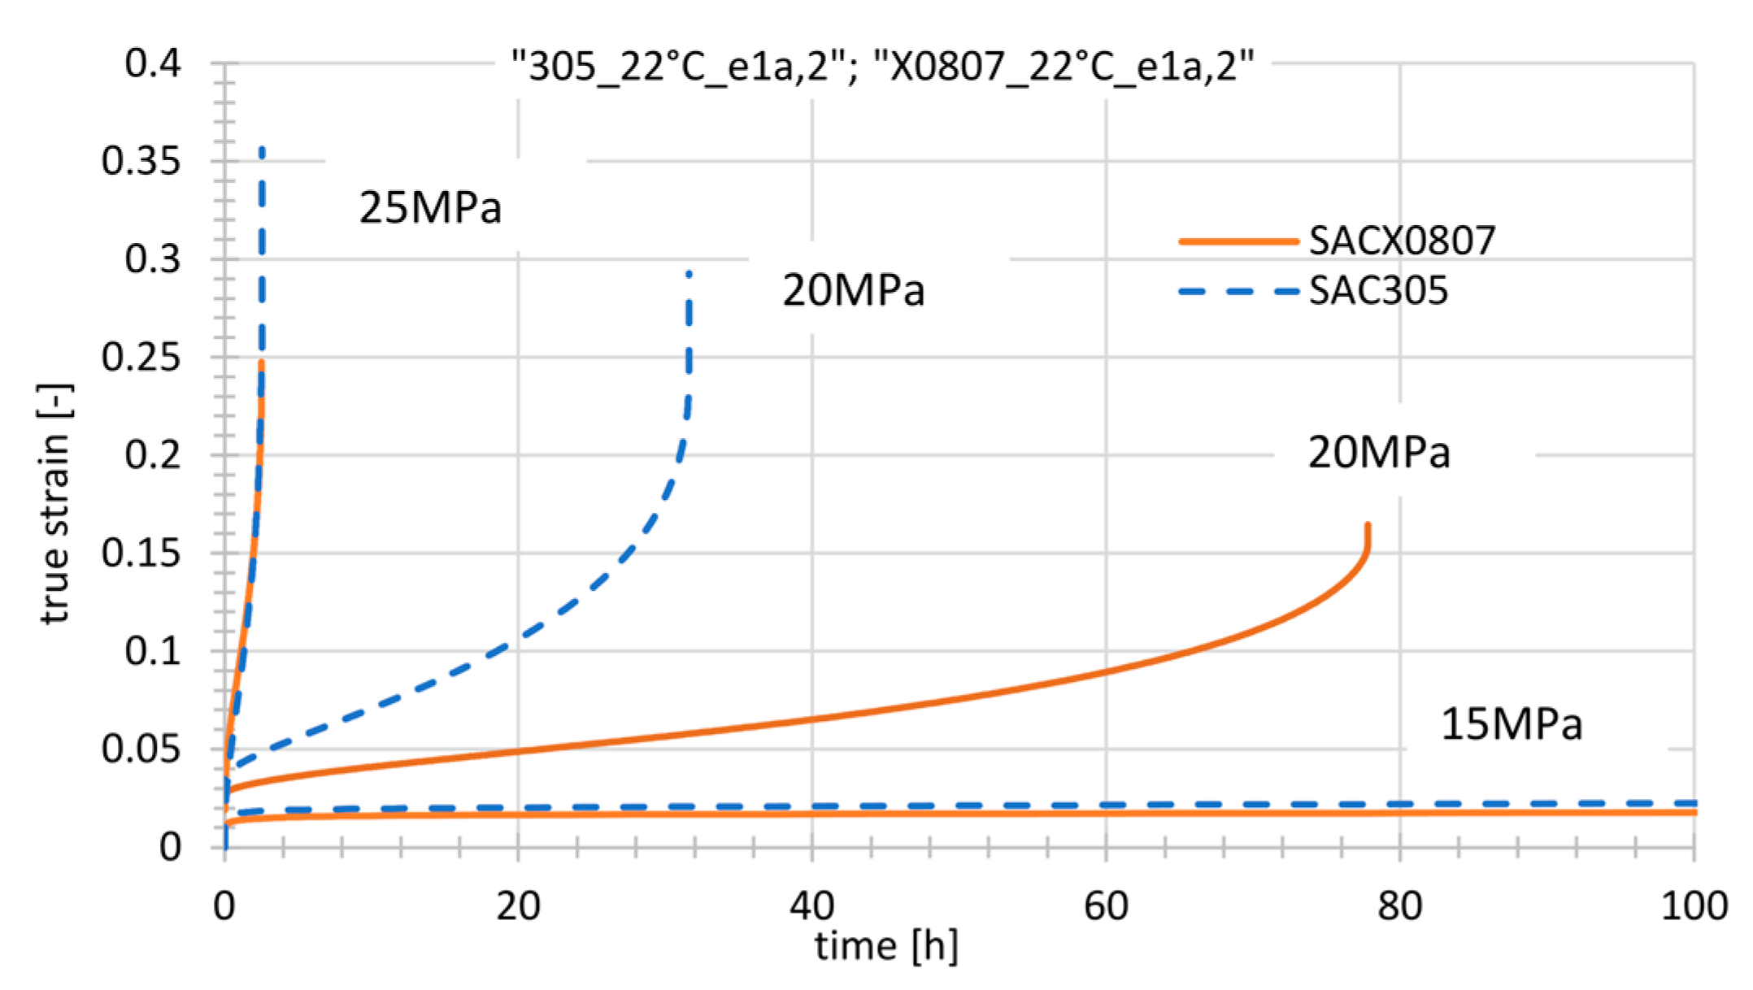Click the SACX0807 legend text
point(1402,241)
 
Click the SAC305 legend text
point(1378,291)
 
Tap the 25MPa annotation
point(430,208)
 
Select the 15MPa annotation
point(1512,724)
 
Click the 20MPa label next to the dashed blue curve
point(853,290)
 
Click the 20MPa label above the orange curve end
point(1378,453)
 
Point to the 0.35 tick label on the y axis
point(141,161)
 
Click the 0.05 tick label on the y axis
point(141,749)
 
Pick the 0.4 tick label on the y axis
point(152,63)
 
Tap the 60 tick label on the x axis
point(1106,905)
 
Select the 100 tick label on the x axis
point(1694,905)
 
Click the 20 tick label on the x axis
point(518,905)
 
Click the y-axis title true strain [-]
point(55,504)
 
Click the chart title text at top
point(882,66)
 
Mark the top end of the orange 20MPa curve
point(1368,525)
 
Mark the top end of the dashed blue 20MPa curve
point(689,274)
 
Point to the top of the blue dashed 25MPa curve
point(261,150)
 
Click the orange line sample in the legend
point(1238,241)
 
